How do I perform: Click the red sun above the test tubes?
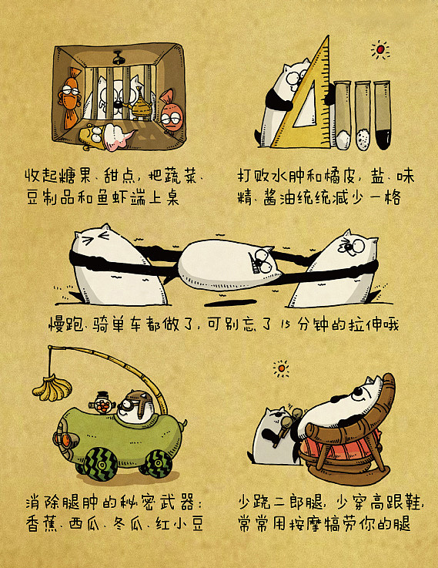pos(379,50)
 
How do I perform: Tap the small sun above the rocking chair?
pos(282,368)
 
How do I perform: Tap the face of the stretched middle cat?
pos(261,266)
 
